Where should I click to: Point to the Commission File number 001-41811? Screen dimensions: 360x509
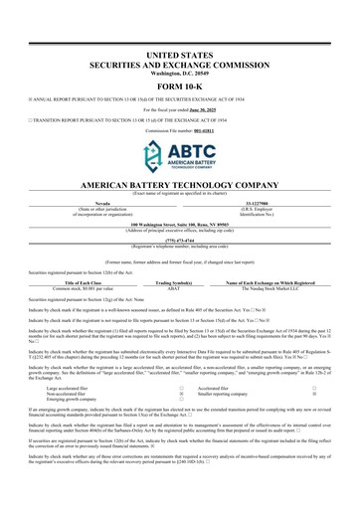point(198,116)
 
